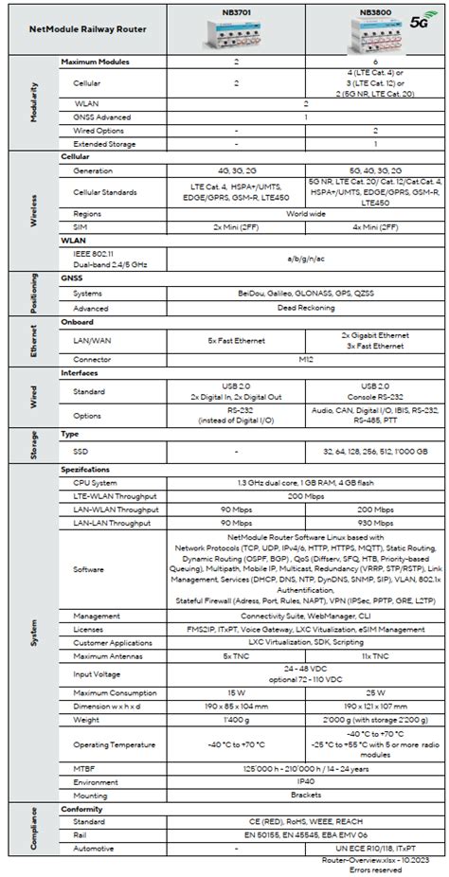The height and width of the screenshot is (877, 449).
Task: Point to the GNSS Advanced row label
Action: (x=102, y=116)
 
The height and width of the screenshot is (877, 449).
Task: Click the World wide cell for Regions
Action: (x=305, y=214)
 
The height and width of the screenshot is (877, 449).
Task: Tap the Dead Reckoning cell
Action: (x=305, y=307)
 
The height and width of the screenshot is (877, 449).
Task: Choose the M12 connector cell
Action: (x=305, y=360)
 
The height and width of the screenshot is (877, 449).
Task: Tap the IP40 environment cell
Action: (x=305, y=782)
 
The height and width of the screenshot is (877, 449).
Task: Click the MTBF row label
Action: (x=84, y=769)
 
